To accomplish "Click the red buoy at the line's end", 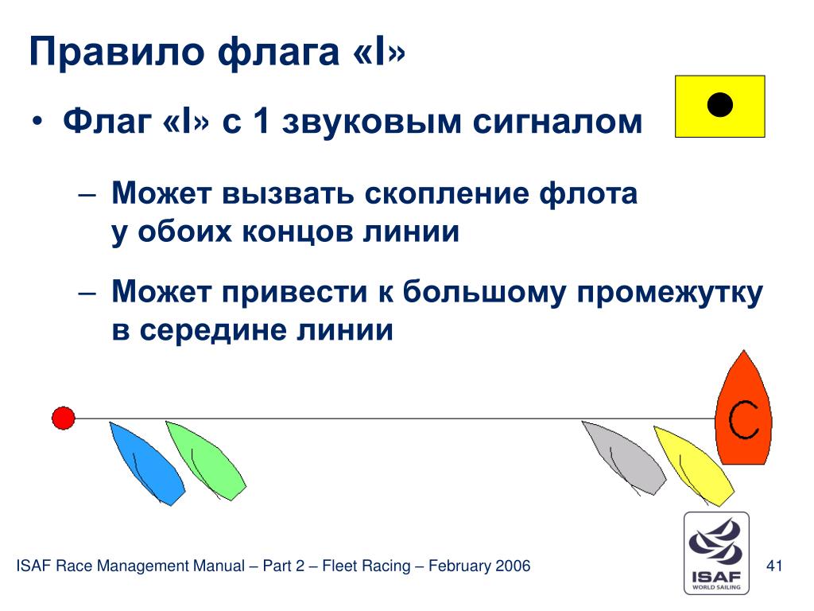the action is pyautogui.click(x=64, y=418).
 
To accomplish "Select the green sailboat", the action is pyautogui.click(x=207, y=461).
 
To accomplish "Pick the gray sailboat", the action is pyautogui.click(x=625, y=458).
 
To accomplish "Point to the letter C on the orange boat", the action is pyautogui.click(x=743, y=420).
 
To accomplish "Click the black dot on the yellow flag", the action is pyautogui.click(x=720, y=104).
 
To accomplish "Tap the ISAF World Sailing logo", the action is pyautogui.click(x=716, y=553).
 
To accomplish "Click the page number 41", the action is pyautogui.click(x=774, y=566).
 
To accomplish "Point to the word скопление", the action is pyautogui.click(x=446, y=194).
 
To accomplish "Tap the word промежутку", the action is pyautogui.click(x=670, y=293).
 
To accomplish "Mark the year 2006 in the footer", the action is pyautogui.click(x=513, y=566).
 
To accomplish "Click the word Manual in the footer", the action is pyautogui.click(x=219, y=566).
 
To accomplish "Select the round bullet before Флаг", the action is pyautogui.click(x=37, y=122).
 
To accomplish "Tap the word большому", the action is pyautogui.click(x=484, y=292).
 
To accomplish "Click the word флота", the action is pyautogui.click(x=588, y=194).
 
